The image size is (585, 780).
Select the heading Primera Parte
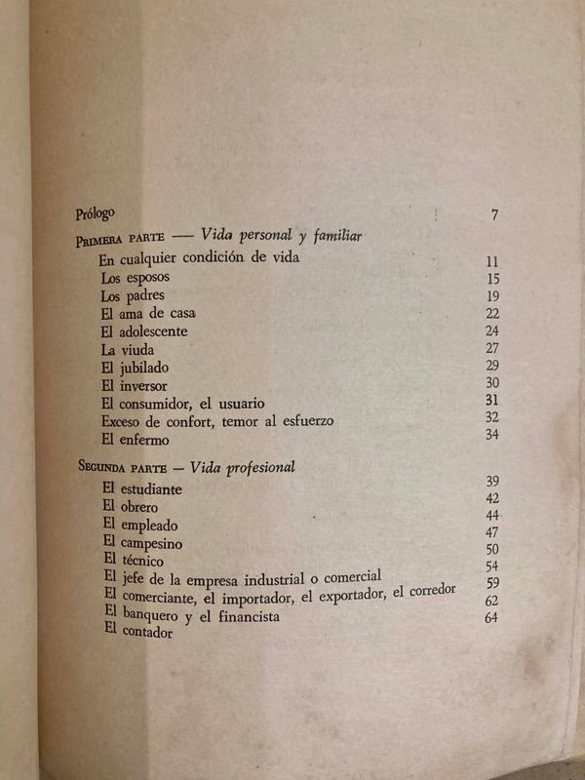[108, 241]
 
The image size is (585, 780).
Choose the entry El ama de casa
[148, 313]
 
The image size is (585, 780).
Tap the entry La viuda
[127, 349]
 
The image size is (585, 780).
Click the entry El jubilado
[134, 367]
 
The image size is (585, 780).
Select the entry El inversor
[135, 384]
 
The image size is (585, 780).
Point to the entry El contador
[136, 633]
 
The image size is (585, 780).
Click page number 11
[492, 261]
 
